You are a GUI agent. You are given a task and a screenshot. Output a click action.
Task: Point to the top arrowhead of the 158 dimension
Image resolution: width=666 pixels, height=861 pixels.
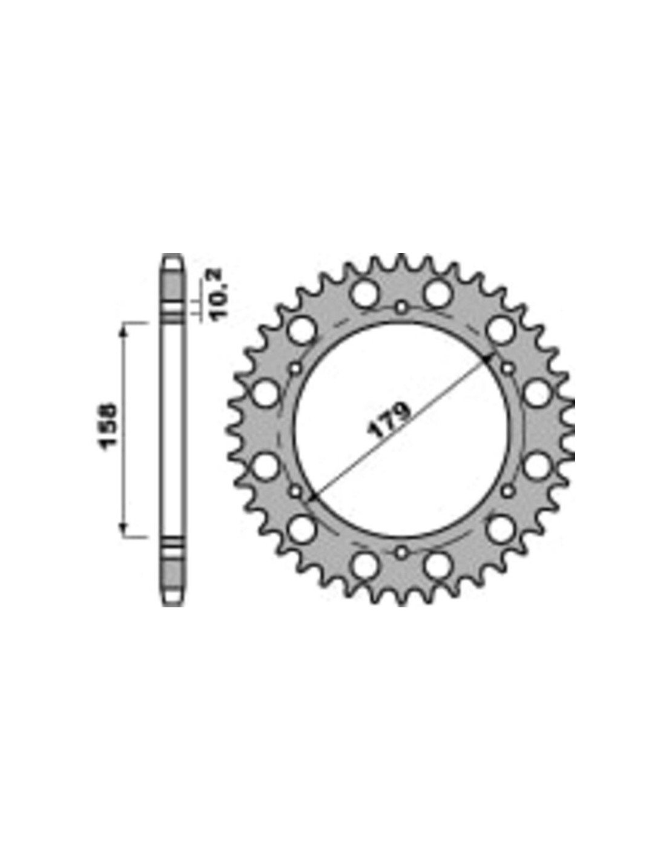124,328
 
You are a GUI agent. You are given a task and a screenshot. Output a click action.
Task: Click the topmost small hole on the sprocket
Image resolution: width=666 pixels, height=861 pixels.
401,306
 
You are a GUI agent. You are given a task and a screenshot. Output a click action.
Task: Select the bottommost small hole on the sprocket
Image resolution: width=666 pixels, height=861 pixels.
401,552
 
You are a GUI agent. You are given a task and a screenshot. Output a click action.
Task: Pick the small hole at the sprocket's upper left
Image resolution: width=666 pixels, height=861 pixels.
295,369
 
